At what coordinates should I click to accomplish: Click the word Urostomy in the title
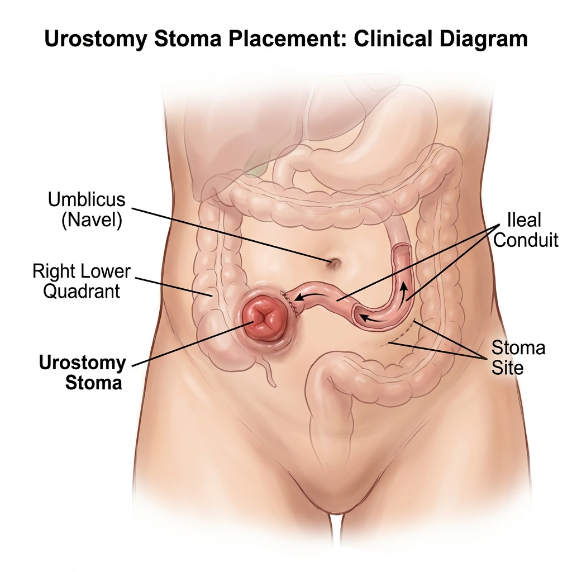coord(95,39)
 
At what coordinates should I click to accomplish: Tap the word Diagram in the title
coord(484,39)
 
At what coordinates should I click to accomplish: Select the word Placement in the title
coord(285,39)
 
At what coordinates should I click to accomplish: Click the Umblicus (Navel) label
coord(87,210)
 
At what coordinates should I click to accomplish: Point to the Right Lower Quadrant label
coord(82,282)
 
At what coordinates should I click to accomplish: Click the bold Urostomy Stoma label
coord(83,373)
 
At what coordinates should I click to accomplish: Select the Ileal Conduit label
coord(526,230)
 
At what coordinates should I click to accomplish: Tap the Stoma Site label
coord(518,357)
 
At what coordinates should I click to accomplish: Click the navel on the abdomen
coord(334,263)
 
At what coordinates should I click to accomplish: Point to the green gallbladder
coord(256,168)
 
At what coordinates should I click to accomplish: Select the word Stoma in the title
coord(188,39)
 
